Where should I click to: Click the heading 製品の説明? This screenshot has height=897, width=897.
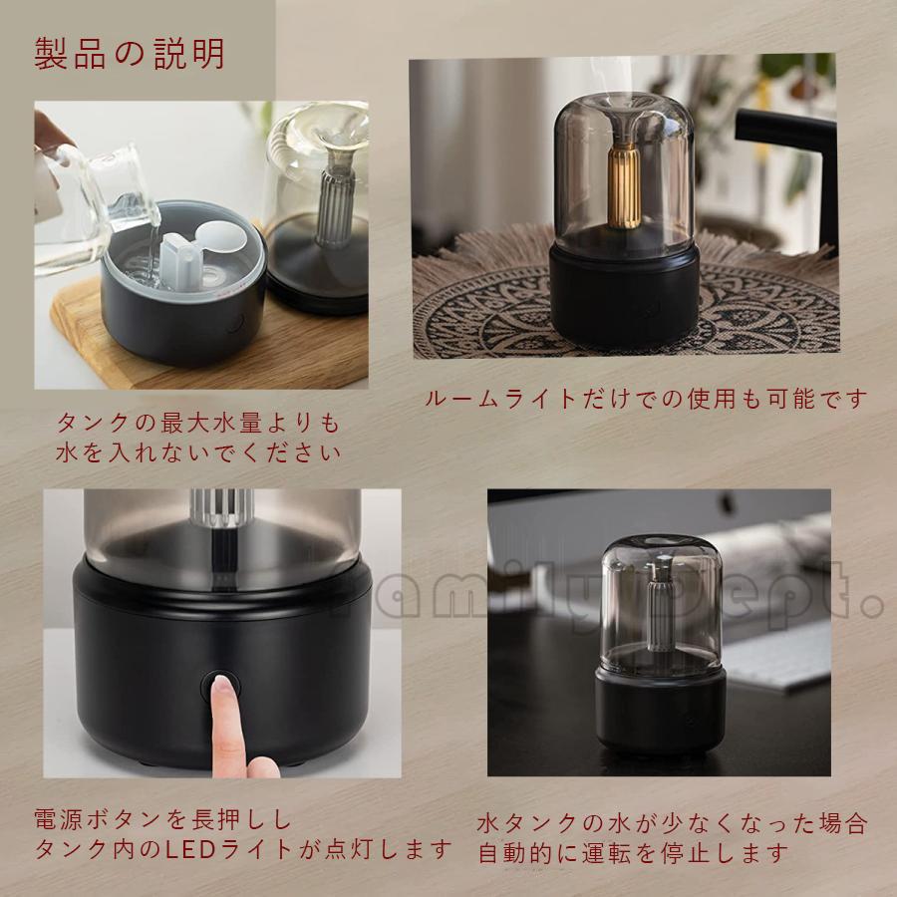coord(129,55)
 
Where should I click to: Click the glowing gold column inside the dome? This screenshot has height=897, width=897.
coord(624,184)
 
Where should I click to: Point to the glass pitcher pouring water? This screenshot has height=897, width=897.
coord(95,206)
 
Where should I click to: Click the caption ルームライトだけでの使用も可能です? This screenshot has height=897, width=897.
coord(646,399)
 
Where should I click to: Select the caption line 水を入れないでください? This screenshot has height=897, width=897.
coord(198,452)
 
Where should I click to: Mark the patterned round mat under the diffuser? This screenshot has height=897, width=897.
coord(627,309)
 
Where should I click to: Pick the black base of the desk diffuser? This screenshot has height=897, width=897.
coord(660,711)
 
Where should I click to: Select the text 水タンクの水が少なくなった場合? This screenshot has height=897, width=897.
coord(672,823)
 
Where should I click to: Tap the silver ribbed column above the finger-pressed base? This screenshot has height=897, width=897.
coord(222,508)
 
